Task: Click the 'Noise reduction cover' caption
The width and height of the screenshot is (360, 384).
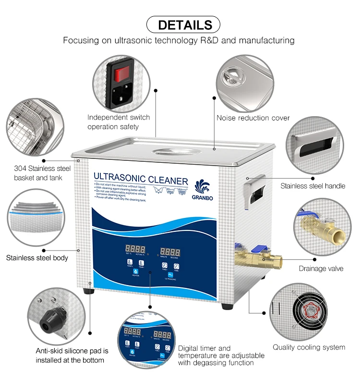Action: pyautogui.click(x=253, y=118)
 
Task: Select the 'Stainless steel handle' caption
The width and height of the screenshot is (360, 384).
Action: pyautogui.click(x=312, y=185)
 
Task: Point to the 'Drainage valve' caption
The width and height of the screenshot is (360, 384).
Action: pyautogui.click(x=321, y=268)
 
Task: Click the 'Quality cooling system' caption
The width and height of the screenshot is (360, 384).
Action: pyautogui.click(x=309, y=347)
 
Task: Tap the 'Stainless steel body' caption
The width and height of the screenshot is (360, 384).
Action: pyautogui.click(x=37, y=258)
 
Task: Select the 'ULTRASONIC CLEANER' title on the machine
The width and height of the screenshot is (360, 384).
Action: pyautogui.click(x=141, y=180)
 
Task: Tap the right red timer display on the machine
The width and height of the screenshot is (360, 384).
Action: pyautogui.click(x=171, y=251)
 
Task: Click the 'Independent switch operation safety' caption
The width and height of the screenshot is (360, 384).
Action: pyautogui.click(x=119, y=122)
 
